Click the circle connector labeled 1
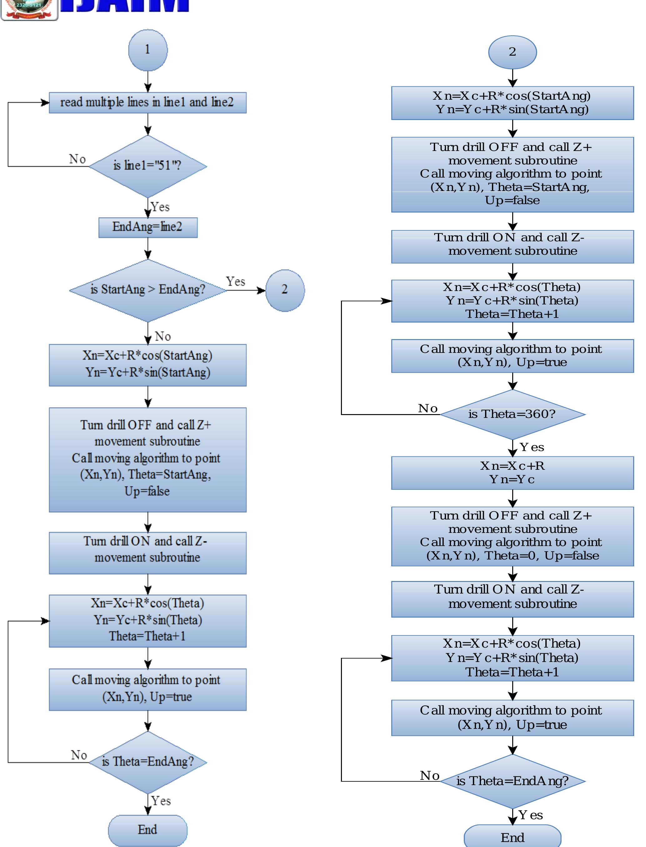[x=148, y=50]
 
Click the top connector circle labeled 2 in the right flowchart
[x=512, y=52]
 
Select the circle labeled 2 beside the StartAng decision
[x=285, y=290]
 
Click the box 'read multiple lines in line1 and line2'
[x=148, y=103]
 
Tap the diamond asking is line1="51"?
[x=148, y=166]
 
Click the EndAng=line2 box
[x=148, y=227]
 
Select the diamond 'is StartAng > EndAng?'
[x=148, y=290]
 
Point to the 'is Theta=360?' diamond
[x=512, y=414]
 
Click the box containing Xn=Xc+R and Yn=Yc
[x=512, y=473]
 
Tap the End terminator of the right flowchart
[x=512, y=837]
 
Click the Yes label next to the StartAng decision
[x=235, y=281]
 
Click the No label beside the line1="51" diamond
[x=77, y=159]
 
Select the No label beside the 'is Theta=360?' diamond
[x=428, y=408]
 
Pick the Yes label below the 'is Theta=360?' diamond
[x=532, y=447]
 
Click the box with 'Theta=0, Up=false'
[x=512, y=536]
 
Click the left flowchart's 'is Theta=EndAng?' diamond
[x=148, y=762]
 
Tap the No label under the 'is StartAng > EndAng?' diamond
[x=163, y=336]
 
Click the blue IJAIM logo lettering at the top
[x=125, y=5]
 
